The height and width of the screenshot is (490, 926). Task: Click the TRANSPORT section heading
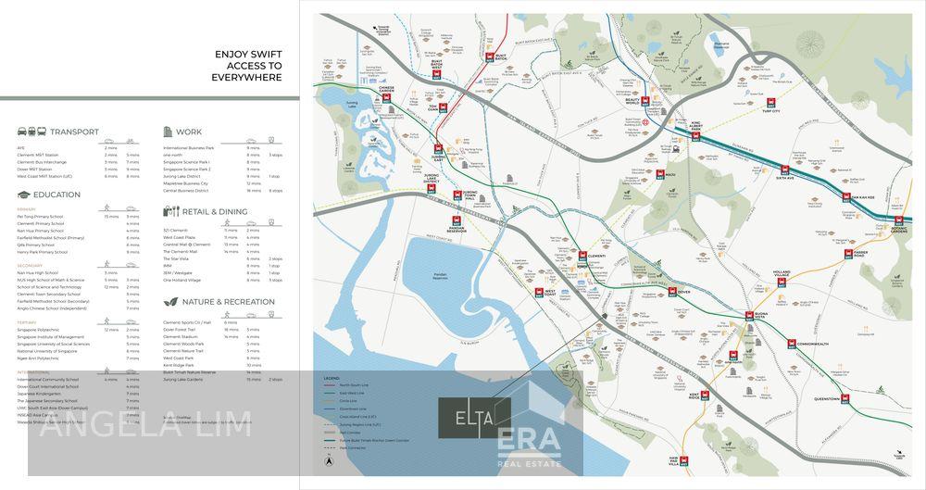pyautogui.click(x=74, y=132)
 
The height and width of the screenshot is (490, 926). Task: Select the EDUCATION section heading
pyautogui.click(x=56, y=195)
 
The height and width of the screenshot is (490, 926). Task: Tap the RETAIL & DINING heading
pyautogui.click(x=214, y=211)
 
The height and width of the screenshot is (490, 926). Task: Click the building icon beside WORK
pyautogui.click(x=168, y=132)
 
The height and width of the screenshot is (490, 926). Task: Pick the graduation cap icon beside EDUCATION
pyautogui.click(x=22, y=195)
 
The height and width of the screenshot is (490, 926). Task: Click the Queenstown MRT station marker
pyautogui.click(x=845, y=399)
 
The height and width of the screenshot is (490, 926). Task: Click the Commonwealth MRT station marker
pyautogui.click(x=792, y=344)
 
